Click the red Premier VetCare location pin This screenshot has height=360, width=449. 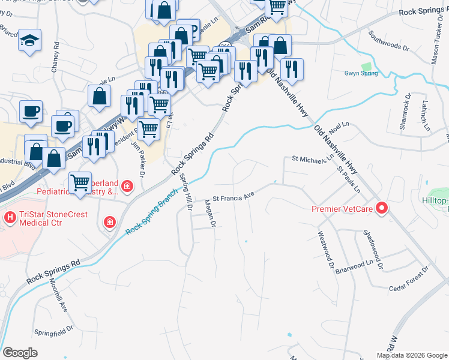[382, 209]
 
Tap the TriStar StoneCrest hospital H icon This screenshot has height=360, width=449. [10, 216]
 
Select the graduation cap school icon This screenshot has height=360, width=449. [29, 40]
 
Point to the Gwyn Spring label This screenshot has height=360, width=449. [361, 73]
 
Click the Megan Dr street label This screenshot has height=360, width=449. [211, 214]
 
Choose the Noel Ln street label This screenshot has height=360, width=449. [339, 127]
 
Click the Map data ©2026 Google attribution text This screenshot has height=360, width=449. [411, 355]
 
